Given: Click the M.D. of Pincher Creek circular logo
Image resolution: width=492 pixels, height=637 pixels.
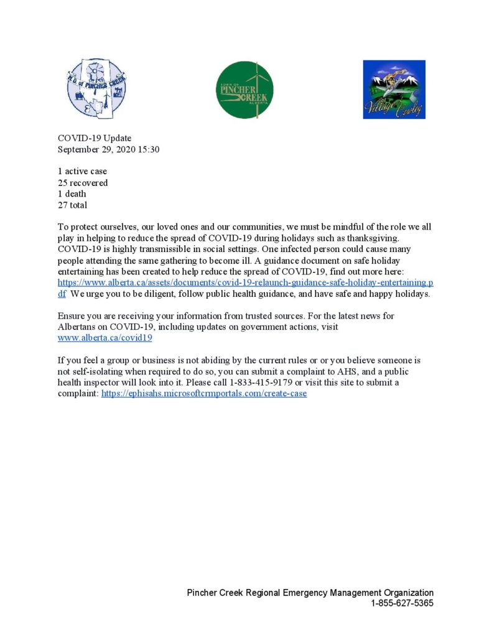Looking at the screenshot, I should coord(96,89).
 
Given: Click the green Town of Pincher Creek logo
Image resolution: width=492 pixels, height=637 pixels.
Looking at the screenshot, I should coord(244,90).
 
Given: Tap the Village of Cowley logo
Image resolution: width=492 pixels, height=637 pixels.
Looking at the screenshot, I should coord(394,90).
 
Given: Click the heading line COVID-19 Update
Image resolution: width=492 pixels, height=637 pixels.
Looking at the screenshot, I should coord(95,138).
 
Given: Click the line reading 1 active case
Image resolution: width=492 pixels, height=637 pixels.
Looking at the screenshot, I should coord(82,171).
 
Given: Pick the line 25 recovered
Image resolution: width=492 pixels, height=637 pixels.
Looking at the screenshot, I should coord(83,183).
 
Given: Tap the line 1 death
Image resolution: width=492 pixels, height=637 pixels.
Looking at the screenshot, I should coord(72,193).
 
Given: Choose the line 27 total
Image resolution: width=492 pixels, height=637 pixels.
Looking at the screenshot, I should coord(73,205).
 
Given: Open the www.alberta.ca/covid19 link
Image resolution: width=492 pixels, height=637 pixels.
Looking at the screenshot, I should coord(104,338).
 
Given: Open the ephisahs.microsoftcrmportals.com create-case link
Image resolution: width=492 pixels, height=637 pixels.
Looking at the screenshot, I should coord(204,394).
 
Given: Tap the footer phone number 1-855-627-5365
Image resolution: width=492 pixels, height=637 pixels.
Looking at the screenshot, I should coord(402,603).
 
